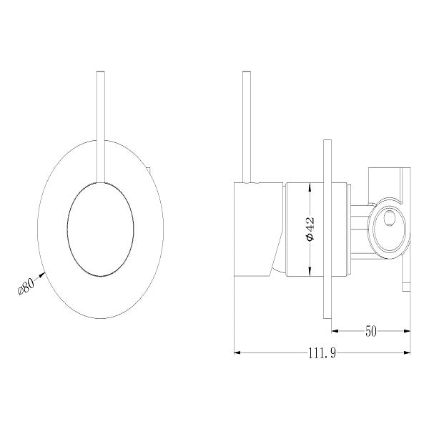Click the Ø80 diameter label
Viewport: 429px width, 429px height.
tap(26, 287)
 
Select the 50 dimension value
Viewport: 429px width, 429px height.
tap(373, 331)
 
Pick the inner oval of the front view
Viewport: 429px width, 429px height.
tap(99, 228)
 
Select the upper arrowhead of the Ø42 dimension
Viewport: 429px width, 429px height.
tap(310, 187)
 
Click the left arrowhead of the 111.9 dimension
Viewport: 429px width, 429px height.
tap(237, 352)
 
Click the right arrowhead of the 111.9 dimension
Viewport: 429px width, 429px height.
tap(408, 352)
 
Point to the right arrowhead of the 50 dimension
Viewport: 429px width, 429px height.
tap(408, 331)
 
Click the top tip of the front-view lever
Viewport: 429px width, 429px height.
tap(101, 73)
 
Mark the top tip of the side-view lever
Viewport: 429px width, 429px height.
tap(247, 73)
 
